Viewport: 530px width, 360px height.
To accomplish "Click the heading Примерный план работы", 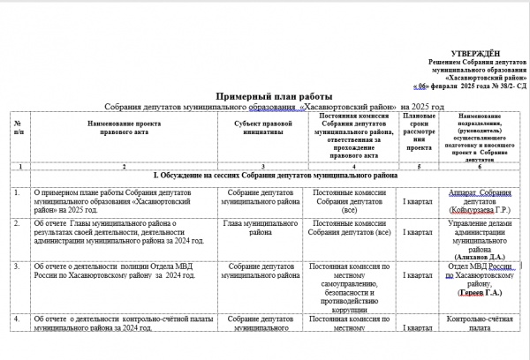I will click(x=274, y=95).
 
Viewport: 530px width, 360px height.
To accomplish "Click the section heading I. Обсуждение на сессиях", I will click(x=275, y=176).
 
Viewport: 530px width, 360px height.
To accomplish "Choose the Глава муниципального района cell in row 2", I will click(x=261, y=229).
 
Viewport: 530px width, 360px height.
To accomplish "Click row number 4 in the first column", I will click(x=18, y=317).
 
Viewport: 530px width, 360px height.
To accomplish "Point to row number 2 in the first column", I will click(x=18, y=223).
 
